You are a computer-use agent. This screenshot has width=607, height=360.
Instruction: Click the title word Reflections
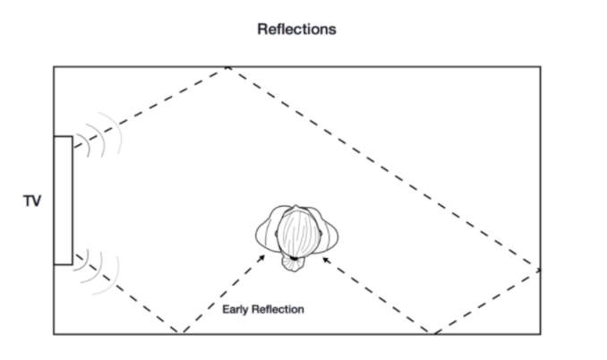[296, 29]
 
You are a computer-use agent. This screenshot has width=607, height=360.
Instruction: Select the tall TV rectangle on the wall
[63, 200]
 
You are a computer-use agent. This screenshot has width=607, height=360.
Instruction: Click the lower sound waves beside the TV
[97, 270]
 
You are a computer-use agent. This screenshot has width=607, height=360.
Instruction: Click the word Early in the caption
[236, 310]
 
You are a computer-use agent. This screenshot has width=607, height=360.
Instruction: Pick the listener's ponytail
[295, 260]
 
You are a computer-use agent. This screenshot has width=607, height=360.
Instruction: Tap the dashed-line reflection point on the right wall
[540, 268]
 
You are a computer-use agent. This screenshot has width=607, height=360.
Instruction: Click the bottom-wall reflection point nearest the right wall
[434, 333]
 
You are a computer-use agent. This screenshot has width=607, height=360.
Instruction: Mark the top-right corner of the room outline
[540, 67]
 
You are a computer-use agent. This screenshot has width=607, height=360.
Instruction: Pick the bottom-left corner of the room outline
[54, 333]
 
